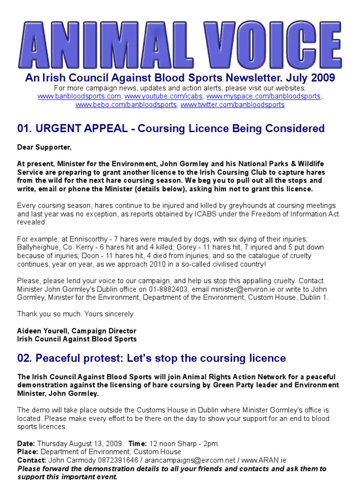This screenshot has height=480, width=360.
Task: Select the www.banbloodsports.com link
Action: (x=80, y=96)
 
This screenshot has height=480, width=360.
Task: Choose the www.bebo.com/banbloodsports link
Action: (x=127, y=105)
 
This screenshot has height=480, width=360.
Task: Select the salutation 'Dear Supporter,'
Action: (x=45, y=148)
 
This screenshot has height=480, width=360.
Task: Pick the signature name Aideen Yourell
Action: (x=43, y=330)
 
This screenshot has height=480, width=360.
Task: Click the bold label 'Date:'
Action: (x=26, y=443)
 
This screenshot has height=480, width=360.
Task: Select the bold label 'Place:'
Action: (x=28, y=452)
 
